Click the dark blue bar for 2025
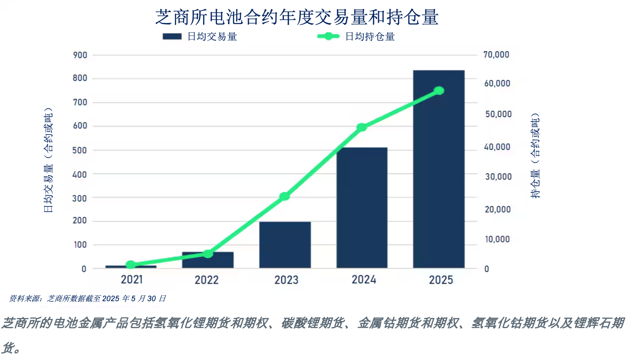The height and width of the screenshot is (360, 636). click(439, 169)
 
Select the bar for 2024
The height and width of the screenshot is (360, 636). click(362, 208)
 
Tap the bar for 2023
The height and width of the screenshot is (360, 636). click(285, 245)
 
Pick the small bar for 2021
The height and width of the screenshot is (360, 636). click(131, 267)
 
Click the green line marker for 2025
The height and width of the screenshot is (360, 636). click(439, 91)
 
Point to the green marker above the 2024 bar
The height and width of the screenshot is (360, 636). click(362, 127)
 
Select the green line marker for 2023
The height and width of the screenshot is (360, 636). click(284, 196)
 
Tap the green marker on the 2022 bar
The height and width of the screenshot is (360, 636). click(208, 254)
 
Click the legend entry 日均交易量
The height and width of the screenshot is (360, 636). click(199, 37)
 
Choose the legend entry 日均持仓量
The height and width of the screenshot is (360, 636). click(356, 37)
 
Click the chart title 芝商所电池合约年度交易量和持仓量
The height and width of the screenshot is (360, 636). click(297, 17)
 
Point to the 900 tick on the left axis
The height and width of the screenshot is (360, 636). click(80, 55)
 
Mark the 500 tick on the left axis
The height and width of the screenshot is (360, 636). click(80, 150)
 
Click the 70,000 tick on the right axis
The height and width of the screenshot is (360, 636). click(496, 54)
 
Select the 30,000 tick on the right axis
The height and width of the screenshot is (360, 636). click(498, 177)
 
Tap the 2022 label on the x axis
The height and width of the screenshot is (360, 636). click(207, 280)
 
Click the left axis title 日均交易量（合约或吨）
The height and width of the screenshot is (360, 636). click(48, 160)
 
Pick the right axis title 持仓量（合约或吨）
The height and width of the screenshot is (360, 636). click(535, 155)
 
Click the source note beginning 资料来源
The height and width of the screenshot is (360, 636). click(88, 299)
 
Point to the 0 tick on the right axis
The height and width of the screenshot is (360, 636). click(486, 269)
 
